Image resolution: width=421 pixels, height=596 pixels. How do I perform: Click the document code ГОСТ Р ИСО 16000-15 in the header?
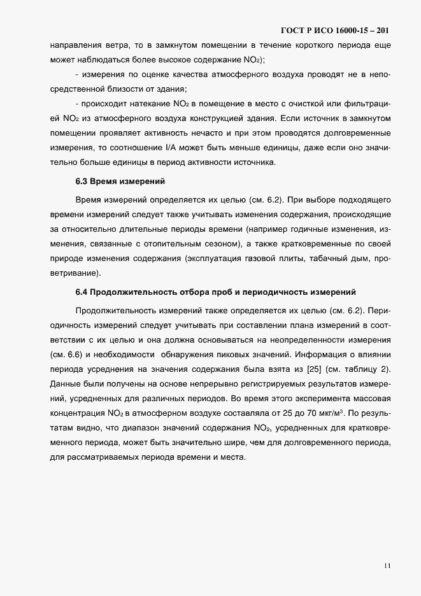pyautogui.click(x=325, y=31)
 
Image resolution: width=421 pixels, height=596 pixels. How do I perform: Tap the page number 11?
pyautogui.click(x=388, y=565)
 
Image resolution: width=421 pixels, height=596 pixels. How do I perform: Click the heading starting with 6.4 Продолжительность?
pyautogui.click(x=215, y=292)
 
